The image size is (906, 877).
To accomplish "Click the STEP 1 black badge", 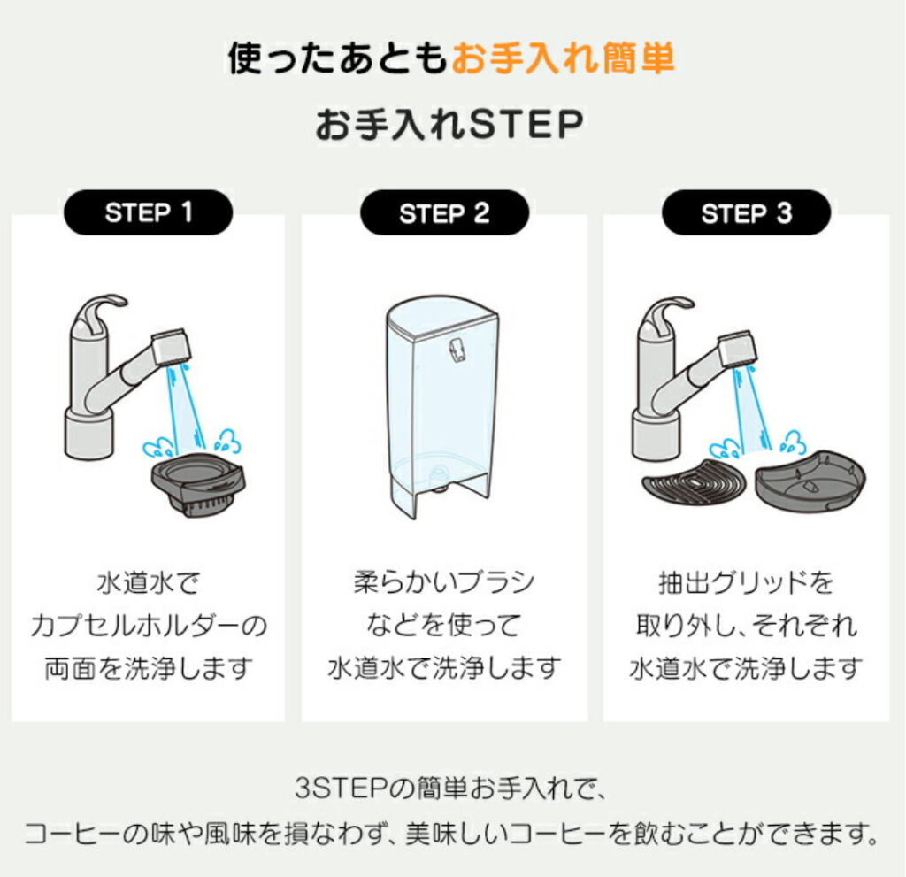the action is pyautogui.click(x=148, y=212).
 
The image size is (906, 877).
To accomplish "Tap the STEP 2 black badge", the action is pyautogui.click(x=444, y=212).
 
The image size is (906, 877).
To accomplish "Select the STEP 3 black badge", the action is pyautogui.click(x=746, y=212).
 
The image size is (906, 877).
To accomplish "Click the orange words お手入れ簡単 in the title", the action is pyautogui.click(x=563, y=58).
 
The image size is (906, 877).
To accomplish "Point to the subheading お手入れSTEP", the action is pyautogui.click(x=449, y=124).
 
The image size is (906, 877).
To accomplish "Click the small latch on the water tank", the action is pyautogui.click(x=457, y=350).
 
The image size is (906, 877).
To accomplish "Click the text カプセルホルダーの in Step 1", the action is pyautogui.click(x=149, y=626).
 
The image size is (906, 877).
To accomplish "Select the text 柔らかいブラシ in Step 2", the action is pyautogui.click(x=444, y=582).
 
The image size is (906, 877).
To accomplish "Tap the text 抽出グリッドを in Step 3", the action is pyautogui.click(x=746, y=582).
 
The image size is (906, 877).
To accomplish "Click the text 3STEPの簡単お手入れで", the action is pyautogui.click(x=450, y=789).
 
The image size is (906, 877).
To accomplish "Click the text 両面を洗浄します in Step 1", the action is pyautogui.click(x=149, y=668).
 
